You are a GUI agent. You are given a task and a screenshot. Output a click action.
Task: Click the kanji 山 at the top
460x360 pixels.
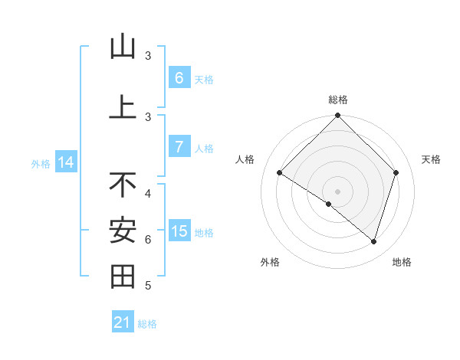[x=123, y=47]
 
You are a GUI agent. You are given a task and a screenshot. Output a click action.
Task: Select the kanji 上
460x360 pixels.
[x=123, y=106]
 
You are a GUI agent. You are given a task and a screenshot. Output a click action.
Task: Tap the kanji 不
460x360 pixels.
[x=123, y=184]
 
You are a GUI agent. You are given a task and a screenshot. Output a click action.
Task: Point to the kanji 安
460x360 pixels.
[x=123, y=230]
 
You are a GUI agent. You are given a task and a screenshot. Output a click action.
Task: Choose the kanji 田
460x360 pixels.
[x=123, y=276]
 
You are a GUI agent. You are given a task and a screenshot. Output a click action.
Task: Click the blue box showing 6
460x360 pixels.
[x=179, y=78]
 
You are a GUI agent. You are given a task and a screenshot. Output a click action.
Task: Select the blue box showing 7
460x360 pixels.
[x=179, y=147]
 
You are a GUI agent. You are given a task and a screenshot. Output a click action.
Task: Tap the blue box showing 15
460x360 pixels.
[x=179, y=231]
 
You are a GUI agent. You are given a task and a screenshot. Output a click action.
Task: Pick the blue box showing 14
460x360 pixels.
[x=66, y=162]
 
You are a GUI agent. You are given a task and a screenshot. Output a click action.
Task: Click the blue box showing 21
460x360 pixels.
[x=122, y=322]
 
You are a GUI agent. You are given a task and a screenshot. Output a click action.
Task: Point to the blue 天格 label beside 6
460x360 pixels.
[x=204, y=79]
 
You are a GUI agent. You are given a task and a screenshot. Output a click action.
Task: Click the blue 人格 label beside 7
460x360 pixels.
[x=204, y=148]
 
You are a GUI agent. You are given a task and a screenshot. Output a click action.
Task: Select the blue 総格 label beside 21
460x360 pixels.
[x=147, y=324]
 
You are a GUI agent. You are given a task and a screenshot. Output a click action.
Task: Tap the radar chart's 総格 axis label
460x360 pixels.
[x=338, y=100]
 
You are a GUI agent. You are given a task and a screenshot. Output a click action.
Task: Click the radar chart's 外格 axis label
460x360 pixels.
[x=270, y=262]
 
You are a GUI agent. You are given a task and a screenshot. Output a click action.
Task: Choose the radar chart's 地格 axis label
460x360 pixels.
[x=402, y=262]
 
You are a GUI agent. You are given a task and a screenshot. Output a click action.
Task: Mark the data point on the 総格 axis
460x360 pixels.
[x=337, y=116]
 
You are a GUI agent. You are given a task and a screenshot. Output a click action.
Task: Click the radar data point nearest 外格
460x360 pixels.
[x=329, y=204]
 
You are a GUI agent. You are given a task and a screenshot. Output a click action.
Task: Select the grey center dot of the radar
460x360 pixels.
[x=337, y=191]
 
